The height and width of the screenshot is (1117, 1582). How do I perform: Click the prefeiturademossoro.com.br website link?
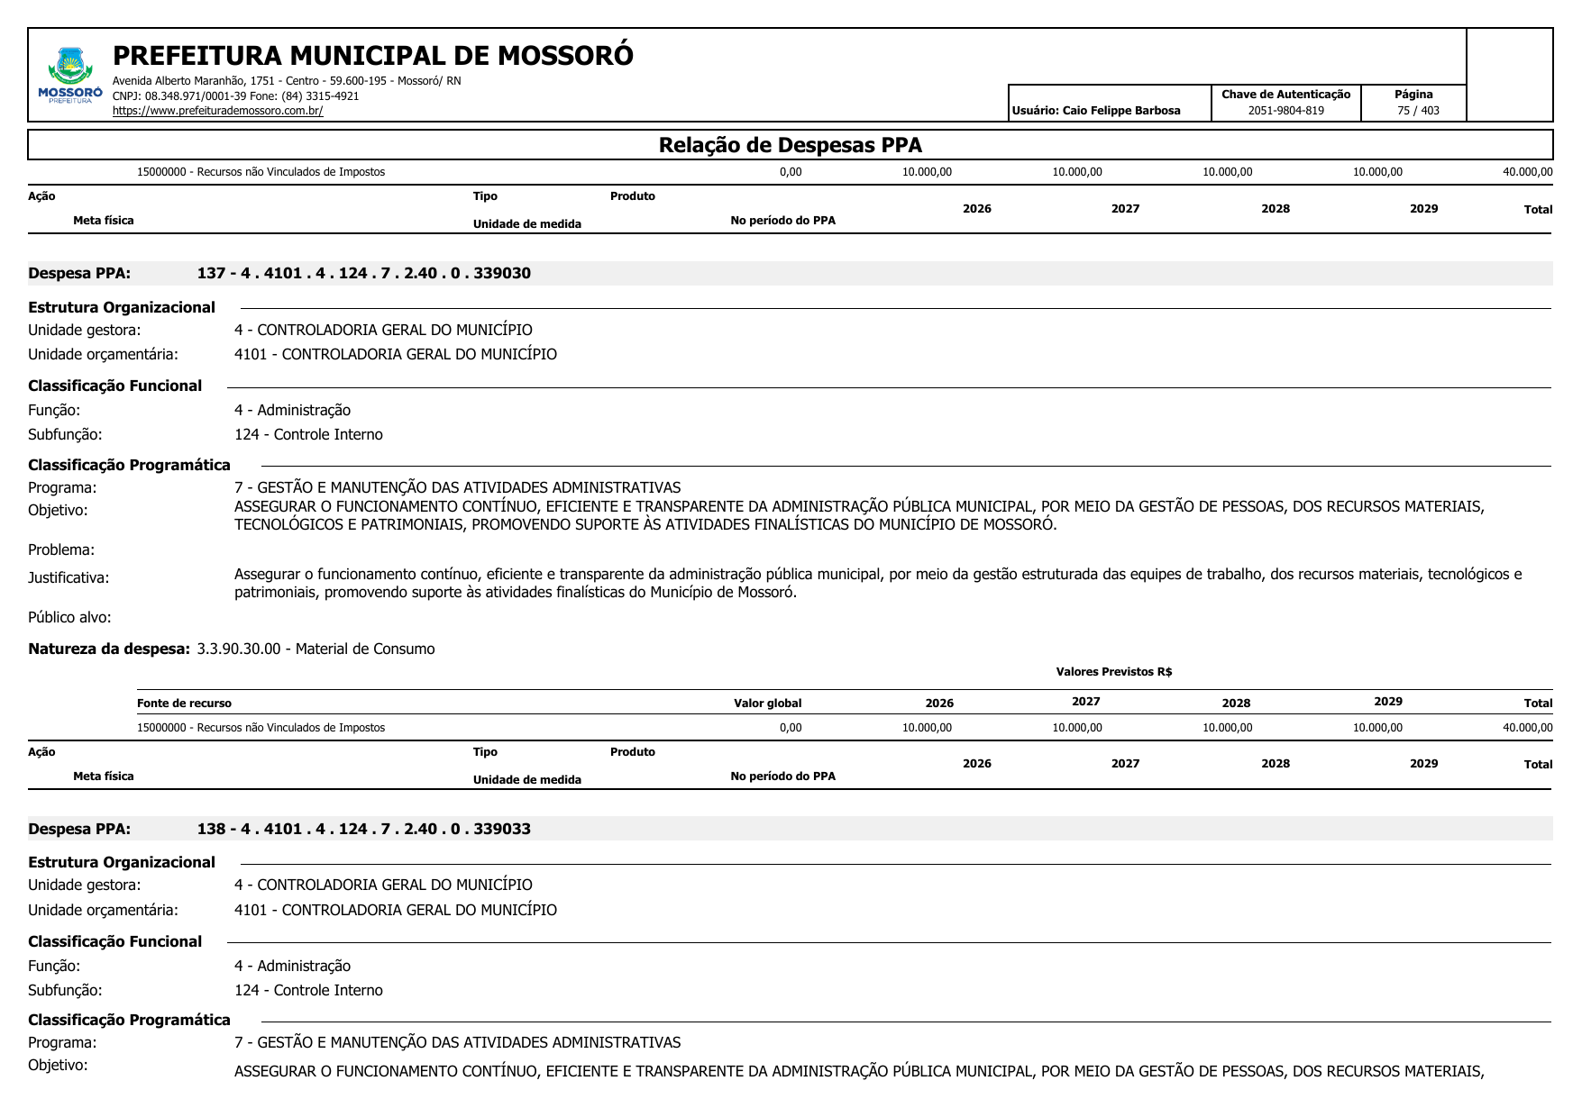pyautogui.click(x=217, y=111)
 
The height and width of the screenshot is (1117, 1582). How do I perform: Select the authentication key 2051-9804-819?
pyautogui.click(x=1285, y=111)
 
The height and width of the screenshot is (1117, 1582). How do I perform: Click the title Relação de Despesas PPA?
pyautogui.click(x=790, y=145)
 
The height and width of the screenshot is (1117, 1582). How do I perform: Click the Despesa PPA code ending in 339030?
pyautogui.click(x=363, y=273)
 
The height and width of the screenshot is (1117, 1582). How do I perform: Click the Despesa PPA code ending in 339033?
pyautogui.click(x=363, y=829)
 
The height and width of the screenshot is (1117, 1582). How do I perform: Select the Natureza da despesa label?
pyautogui.click(x=109, y=649)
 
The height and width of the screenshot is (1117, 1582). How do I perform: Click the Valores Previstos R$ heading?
pyautogui.click(x=1113, y=672)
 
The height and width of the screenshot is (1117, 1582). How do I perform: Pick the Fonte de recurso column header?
pyautogui.click(x=184, y=704)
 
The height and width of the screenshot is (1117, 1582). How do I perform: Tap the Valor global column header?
pyautogui.click(x=767, y=704)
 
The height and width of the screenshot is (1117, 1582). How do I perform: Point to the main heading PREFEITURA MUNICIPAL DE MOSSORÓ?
pyautogui.click(x=372, y=56)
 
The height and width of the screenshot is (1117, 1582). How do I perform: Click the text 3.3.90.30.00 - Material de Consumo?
pyautogui.click(x=315, y=649)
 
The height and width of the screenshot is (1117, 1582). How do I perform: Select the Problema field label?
pyautogui.click(x=61, y=549)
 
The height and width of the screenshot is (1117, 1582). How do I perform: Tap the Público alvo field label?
pyautogui.click(x=69, y=617)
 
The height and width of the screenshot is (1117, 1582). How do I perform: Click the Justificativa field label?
pyautogui.click(x=69, y=577)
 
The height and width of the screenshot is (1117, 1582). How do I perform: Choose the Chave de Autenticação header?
pyautogui.click(x=1285, y=95)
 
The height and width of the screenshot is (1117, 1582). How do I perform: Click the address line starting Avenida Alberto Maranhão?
pyautogui.click(x=286, y=81)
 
